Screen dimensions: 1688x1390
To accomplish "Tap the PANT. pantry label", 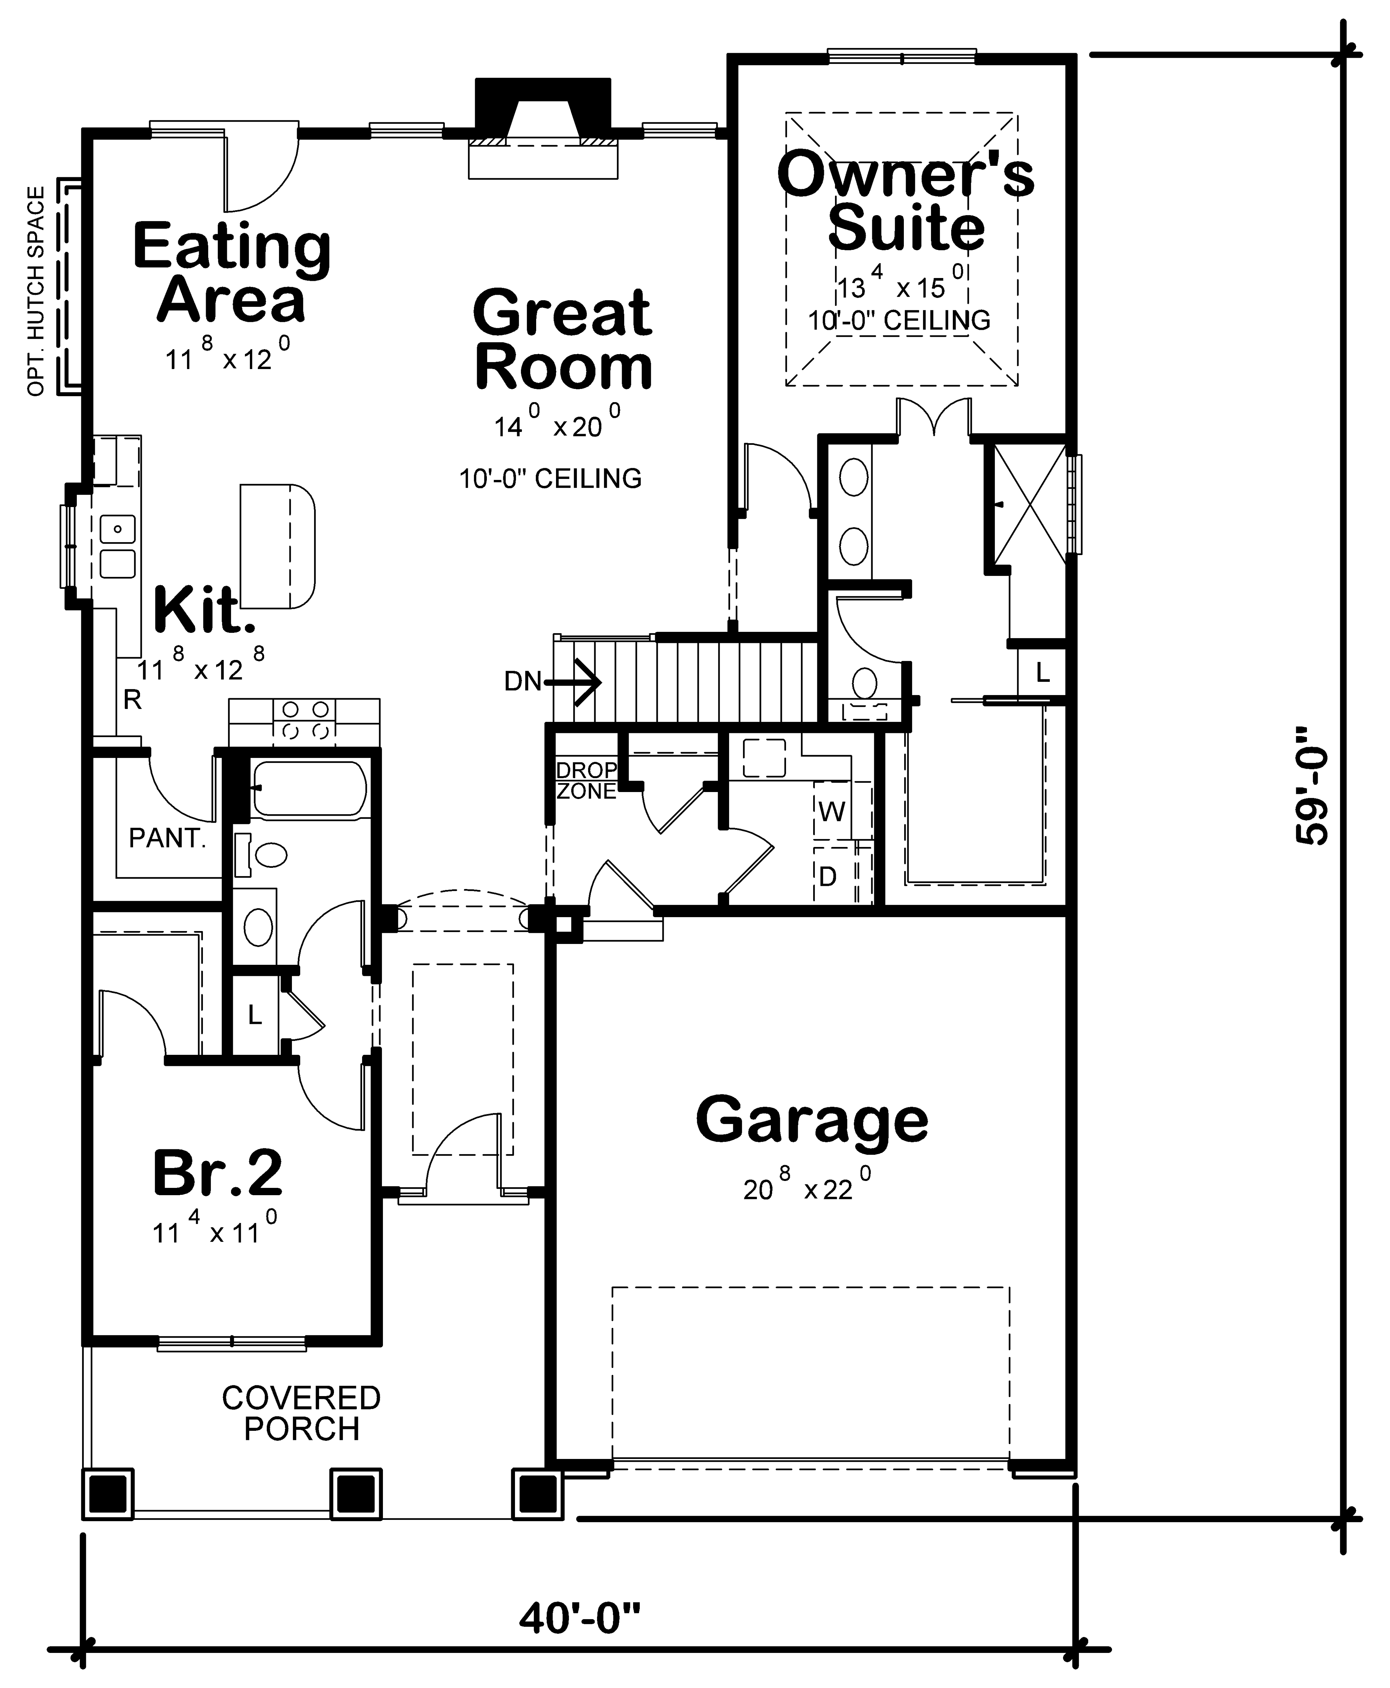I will pos(167,838).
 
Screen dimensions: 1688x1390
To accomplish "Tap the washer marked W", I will pos(832,812).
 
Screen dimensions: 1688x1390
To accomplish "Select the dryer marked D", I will pos(828,877).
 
